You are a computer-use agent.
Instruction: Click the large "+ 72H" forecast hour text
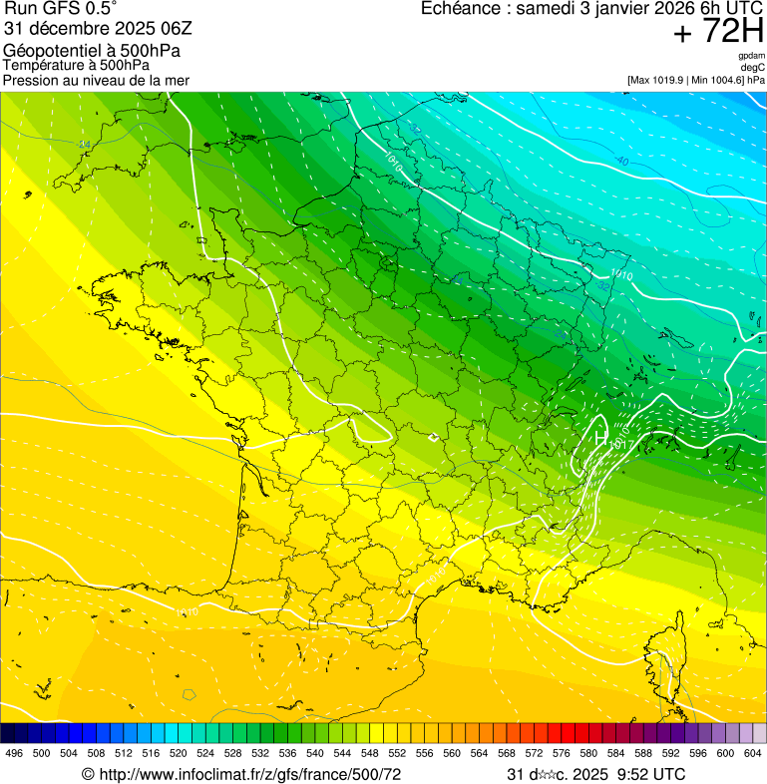coord(718,32)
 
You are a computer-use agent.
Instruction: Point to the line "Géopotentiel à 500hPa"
coord(92,51)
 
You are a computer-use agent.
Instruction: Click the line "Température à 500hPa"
coord(76,65)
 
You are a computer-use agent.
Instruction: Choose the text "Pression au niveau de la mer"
coord(96,80)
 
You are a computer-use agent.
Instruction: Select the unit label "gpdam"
coord(751,56)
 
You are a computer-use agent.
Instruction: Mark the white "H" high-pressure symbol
coord(600,437)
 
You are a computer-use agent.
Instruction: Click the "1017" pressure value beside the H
coord(620,443)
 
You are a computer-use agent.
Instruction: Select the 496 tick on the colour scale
coord(14,753)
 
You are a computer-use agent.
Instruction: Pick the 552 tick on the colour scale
coord(396,753)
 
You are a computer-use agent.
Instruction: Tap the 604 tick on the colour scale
coord(753,753)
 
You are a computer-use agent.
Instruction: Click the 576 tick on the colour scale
coord(561,753)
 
